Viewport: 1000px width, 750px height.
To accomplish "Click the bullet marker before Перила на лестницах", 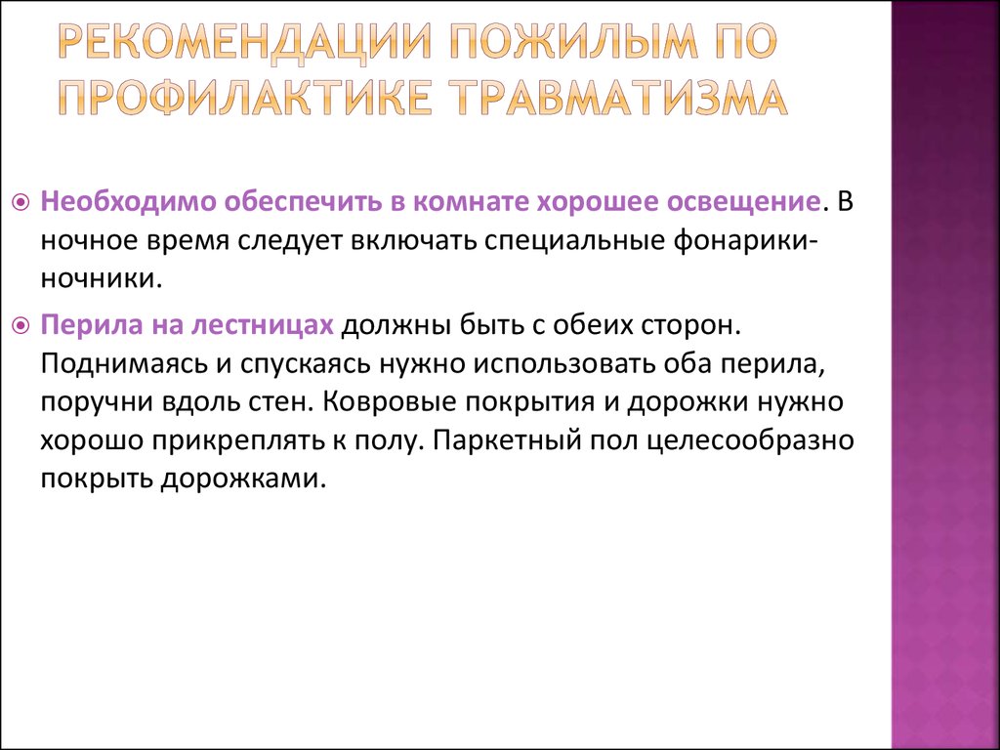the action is point(21,326).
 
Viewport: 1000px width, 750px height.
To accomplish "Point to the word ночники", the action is point(99,280).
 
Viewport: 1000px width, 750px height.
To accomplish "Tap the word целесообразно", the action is point(750,442).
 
